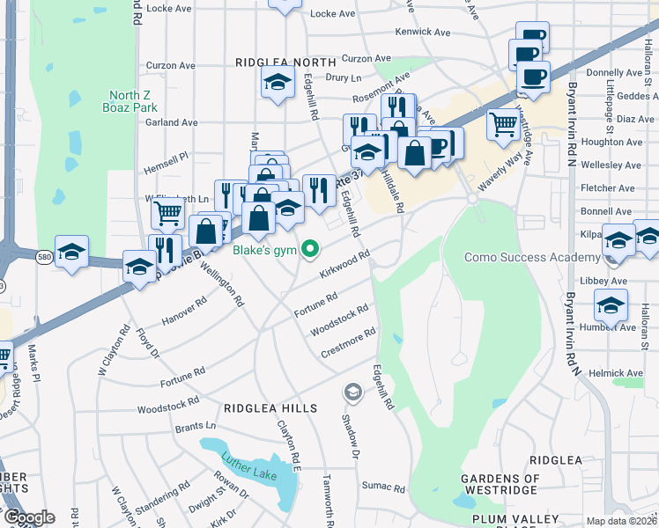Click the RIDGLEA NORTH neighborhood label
click(285, 62)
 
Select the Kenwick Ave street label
click(423, 33)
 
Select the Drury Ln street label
click(338, 77)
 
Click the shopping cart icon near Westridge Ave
click(502, 123)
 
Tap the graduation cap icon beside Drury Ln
click(278, 84)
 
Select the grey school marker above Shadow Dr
click(353, 391)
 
